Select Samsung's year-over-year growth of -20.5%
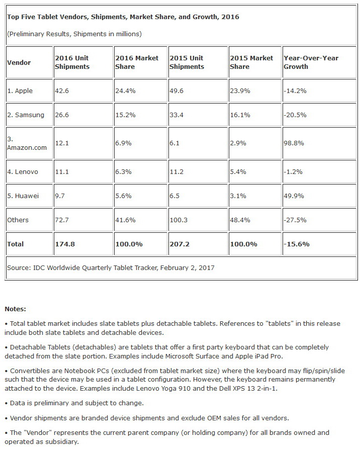[x=295, y=115]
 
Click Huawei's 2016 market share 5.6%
[x=123, y=196]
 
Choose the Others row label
[x=18, y=220]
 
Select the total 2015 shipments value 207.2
[x=179, y=244]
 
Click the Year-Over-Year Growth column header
[x=311, y=62]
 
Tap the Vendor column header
[x=19, y=62]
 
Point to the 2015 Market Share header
[x=251, y=62]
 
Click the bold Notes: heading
[x=15, y=309]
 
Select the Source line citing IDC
[x=111, y=267]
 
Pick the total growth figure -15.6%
[x=296, y=244]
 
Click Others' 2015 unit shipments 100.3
[x=179, y=220]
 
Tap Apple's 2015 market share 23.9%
[x=240, y=91]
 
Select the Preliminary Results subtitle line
[x=74, y=34]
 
